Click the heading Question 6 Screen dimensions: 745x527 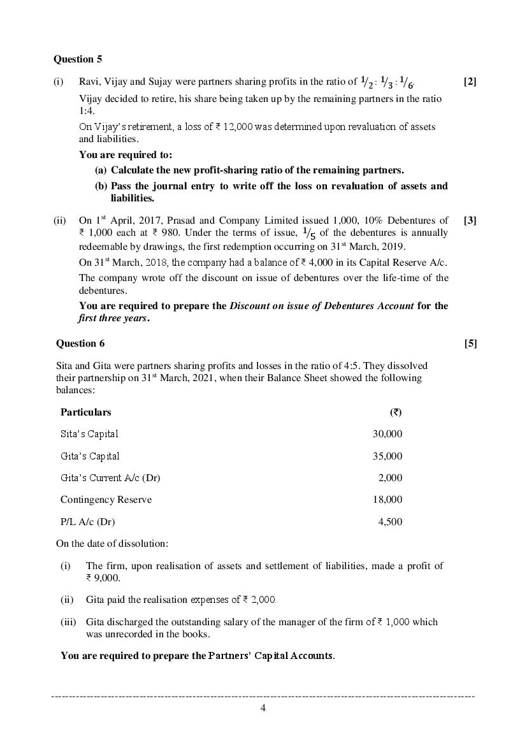coord(80,344)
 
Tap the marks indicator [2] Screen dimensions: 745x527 coord(470,82)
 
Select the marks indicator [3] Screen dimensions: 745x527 coord(470,221)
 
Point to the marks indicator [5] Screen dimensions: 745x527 coord(470,344)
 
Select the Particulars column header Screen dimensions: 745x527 coord(85,412)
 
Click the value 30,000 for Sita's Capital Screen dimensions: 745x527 coord(387,434)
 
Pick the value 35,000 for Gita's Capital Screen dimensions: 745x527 coord(387,456)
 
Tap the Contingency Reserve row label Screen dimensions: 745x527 coord(106,500)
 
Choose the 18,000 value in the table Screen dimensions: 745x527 coord(387,500)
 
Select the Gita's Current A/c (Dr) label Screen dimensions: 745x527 coord(110,478)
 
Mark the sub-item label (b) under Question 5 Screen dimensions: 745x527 coord(101,186)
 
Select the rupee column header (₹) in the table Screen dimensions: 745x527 coord(395,412)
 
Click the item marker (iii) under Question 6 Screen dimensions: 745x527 coord(68,622)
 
